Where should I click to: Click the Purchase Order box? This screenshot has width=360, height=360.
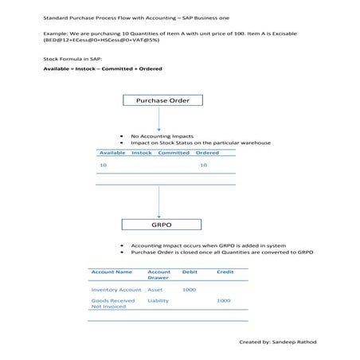pos(162,100)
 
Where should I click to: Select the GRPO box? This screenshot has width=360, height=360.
pos(162,225)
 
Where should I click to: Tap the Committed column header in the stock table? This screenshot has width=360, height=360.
pos(173,152)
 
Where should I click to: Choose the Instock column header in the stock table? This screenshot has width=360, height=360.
pos(141,152)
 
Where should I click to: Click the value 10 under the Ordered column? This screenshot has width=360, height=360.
pos(203,165)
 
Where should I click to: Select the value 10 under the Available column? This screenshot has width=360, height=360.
pos(103,165)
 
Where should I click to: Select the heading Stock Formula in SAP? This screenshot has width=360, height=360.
pos(72,60)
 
